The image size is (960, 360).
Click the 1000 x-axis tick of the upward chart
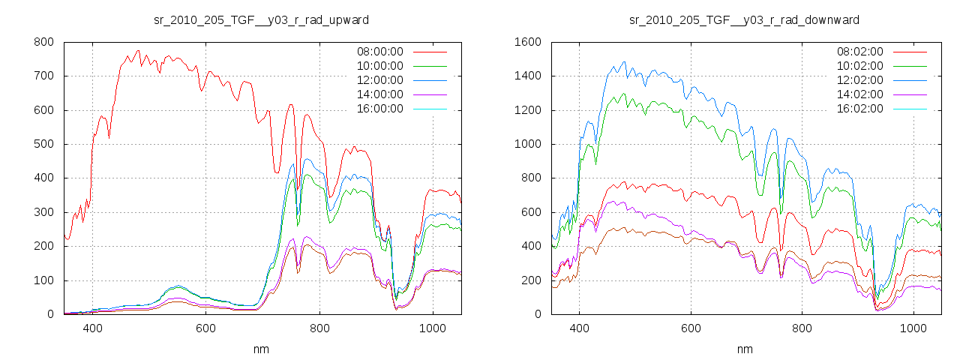(432, 328)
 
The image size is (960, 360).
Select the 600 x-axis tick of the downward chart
(691, 328)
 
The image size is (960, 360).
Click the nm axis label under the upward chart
(262, 349)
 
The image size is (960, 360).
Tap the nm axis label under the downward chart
(745, 349)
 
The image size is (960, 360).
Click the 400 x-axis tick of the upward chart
(92, 328)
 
